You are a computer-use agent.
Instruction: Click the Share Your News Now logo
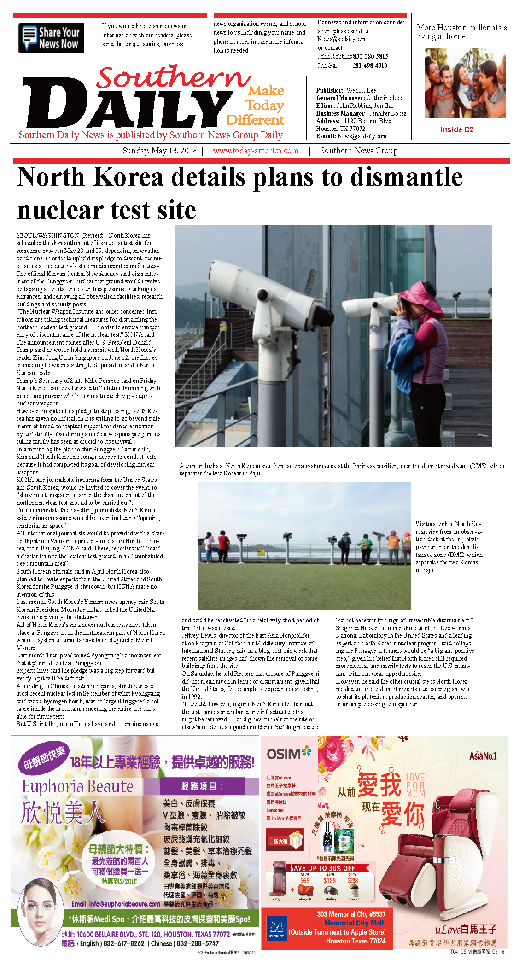(x=51, y=38)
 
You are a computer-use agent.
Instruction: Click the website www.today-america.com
(x=256, y=151)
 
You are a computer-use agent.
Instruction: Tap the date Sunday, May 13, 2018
(x=159, y=151)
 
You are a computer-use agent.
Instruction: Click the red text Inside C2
(x=456, y=129)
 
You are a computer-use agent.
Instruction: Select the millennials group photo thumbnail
(x=464, y=83)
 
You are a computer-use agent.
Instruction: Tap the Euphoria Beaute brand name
(x=78, y=786)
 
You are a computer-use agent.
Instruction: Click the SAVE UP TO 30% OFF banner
(x=322, y=868)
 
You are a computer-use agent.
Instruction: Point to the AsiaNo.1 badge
(x=483, y=756)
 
